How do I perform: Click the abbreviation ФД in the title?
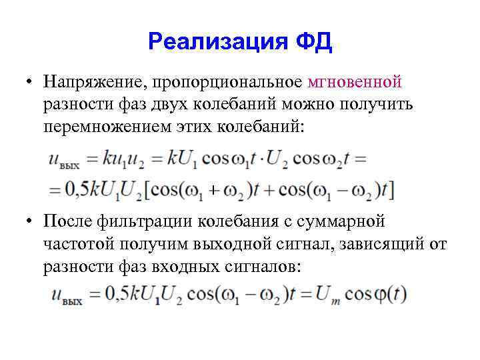[314, 43]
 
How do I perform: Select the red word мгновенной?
[355, 82]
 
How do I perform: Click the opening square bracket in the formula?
[147, 190]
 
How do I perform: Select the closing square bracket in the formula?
[393, 190]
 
